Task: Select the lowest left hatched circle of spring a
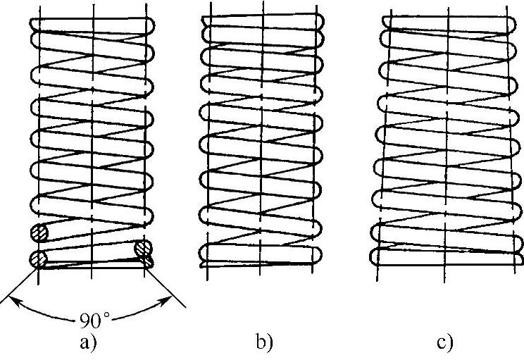(x=38, y=259)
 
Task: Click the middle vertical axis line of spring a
(x=93, y=141)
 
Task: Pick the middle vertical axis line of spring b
(x=261, y=141)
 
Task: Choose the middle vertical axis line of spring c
(x=444, y=141)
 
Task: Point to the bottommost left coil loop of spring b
(x=206, y=252)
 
